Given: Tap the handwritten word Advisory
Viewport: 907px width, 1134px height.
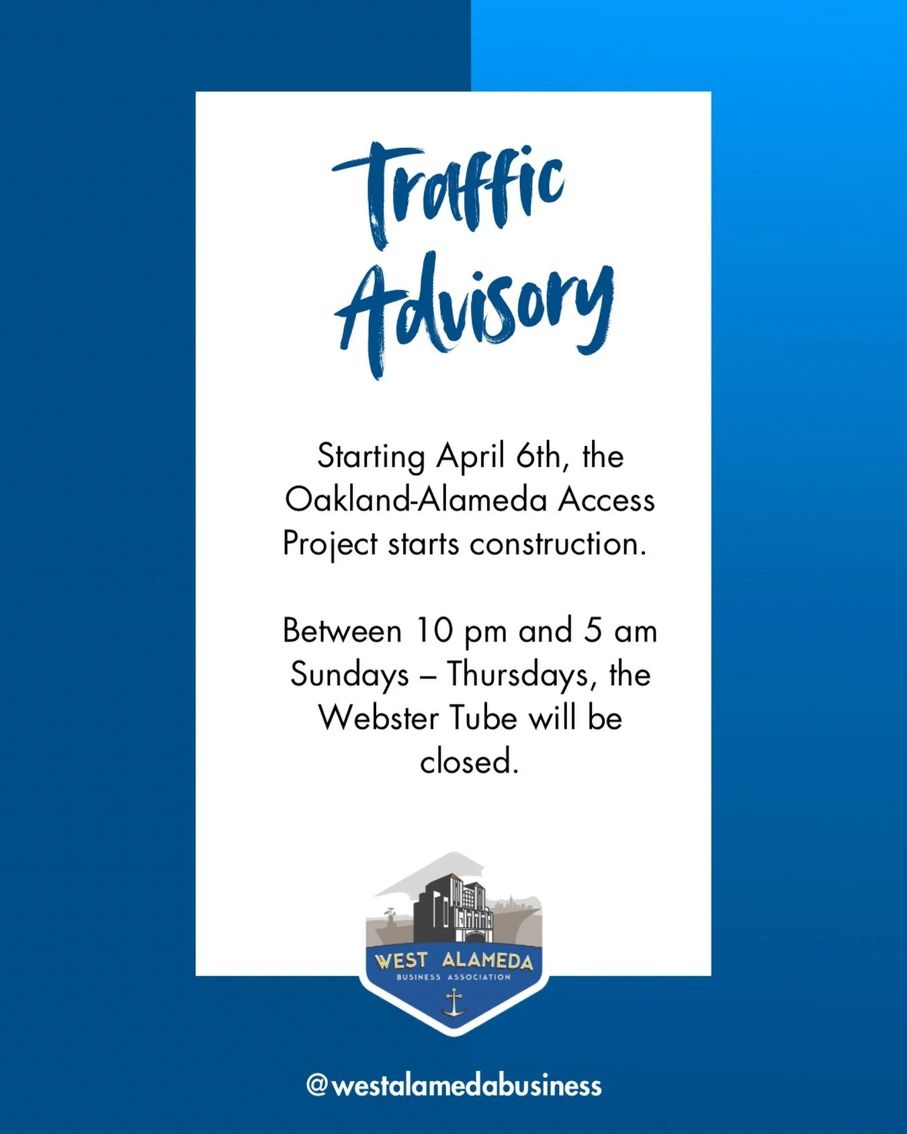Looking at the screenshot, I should [x=474, y=312].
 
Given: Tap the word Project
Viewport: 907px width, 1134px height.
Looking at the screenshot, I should [x=330, y=544].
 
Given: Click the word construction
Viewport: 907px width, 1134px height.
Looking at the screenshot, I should [x=558, y=543].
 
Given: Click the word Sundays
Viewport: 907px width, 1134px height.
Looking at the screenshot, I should [x=349, y=674].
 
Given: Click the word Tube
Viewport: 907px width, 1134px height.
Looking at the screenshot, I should [x=482, y=717].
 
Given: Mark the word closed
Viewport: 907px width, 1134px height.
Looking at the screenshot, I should [x=469, y=761].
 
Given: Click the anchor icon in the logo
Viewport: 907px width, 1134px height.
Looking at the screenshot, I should [x=454, y=1002].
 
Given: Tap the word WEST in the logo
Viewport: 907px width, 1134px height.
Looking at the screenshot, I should [x=401, y=960].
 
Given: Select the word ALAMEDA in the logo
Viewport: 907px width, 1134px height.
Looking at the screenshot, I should [x=487, y=961].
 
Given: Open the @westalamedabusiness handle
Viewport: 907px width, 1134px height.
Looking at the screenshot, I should [x=453, y=1085].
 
